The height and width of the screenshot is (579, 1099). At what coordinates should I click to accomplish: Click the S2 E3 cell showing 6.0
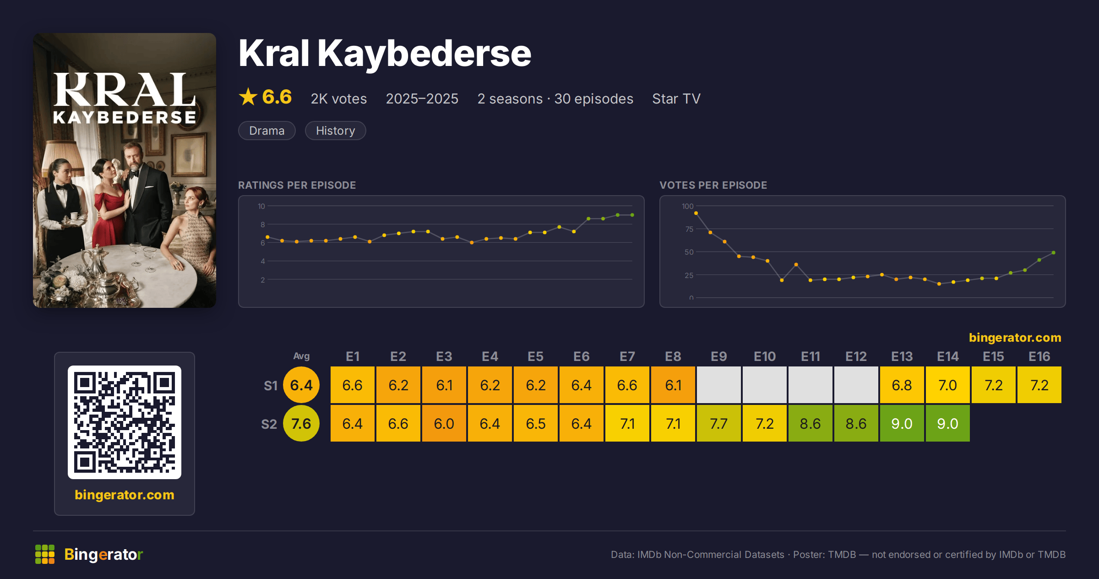444,423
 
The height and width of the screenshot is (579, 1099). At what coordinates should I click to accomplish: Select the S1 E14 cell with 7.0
947,385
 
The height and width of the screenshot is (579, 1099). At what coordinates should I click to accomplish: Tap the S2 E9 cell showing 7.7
718,423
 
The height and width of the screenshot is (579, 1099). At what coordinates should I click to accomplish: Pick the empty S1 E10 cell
764,385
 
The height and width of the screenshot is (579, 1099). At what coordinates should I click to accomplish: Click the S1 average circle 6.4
301,385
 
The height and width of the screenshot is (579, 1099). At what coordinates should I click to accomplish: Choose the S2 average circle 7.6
301,423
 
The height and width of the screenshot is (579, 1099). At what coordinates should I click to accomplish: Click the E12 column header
856,356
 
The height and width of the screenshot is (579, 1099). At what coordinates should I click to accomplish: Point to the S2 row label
269,424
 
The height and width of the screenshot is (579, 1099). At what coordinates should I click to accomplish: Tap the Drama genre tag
267,131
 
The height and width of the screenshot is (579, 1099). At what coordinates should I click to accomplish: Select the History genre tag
335,131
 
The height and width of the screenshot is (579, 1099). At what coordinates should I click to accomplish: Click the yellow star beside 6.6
248,97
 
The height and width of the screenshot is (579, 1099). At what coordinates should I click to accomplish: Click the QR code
125,422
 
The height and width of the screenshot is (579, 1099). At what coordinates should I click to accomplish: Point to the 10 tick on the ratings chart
261,206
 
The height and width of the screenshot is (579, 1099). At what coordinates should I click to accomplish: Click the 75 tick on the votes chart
689,229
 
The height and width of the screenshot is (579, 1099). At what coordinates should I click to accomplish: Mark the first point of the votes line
696,213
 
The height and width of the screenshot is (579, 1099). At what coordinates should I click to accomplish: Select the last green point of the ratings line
632,215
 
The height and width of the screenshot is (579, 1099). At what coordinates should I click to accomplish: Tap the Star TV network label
676,99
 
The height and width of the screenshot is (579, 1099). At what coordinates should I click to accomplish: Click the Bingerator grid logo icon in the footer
45,554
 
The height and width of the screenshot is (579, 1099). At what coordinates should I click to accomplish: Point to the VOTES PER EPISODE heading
713,185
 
